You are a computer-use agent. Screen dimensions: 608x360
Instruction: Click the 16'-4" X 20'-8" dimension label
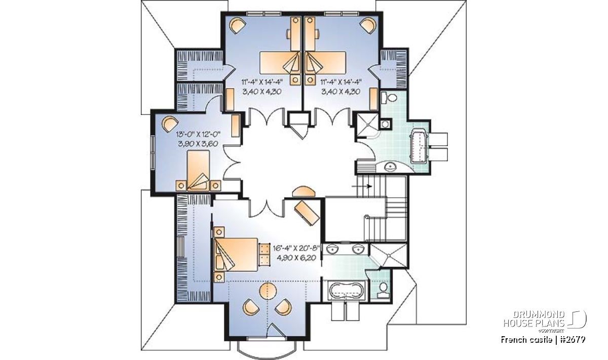tap(297, 248)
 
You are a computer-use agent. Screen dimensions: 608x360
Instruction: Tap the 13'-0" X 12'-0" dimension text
tap(198, 134)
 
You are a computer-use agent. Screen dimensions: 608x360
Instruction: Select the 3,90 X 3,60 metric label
tap(198, 144)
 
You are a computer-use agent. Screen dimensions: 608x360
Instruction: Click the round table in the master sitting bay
tap(268, 291)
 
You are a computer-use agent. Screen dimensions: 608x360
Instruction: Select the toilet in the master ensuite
tap(383, 290)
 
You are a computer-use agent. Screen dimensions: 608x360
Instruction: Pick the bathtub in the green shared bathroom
tap(419, 146)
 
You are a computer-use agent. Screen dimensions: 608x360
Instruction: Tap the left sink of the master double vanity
tap(331, 249)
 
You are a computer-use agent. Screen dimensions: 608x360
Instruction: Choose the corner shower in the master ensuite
tap(389, 256)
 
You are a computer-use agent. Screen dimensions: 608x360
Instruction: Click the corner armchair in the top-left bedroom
tap(238, 26)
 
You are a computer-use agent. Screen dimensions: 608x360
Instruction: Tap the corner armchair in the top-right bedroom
tap(368, 26)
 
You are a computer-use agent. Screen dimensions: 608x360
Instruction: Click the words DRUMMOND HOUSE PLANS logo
tap(534, 319)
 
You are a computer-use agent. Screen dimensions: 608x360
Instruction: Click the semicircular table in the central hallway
tap(304, 191)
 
